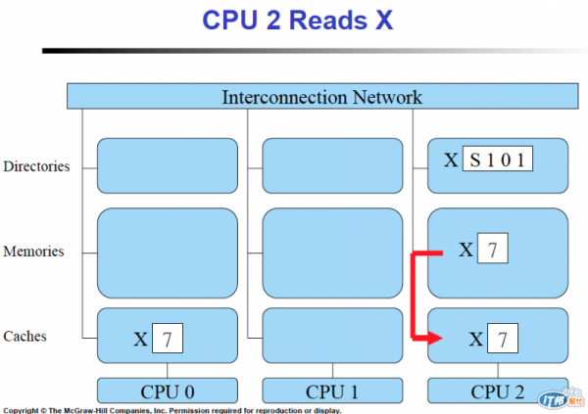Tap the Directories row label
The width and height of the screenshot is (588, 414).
click(36, 166)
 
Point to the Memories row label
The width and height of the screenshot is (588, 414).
click(33, 252)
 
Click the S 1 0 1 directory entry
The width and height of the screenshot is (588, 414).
click(497, 159)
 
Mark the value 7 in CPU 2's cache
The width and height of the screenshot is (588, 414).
click(501, 340)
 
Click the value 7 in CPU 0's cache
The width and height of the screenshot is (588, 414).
click(168, 340)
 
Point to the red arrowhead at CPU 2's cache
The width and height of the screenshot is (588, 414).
click(435, 339)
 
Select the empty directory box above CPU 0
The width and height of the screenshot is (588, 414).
click(168, 165)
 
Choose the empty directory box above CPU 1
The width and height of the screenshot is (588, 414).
click(332, 165)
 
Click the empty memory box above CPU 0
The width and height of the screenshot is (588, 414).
click(168, 252)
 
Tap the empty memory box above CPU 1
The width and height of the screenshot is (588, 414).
click(332, 252)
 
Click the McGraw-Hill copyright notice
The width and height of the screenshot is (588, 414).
click(171, 409)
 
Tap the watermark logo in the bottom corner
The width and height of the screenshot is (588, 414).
click(560, 399)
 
